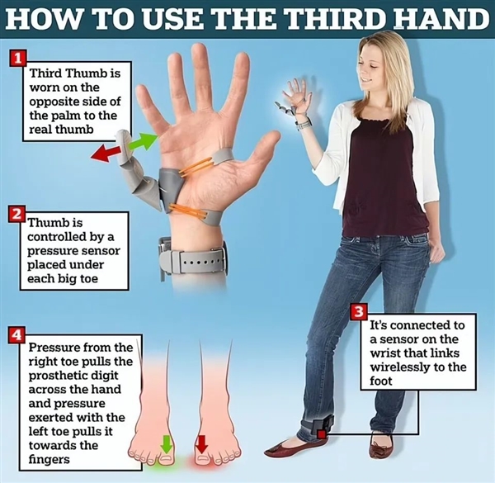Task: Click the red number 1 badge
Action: [17, 58]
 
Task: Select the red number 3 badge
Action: [359, 312]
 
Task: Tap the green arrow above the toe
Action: [166, 444]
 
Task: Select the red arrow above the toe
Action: [201, 444]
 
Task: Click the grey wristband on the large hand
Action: [192, 259]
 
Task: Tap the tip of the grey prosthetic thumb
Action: [122, 133]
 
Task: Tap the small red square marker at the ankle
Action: [322, 434]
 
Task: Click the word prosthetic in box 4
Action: [73, 376]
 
